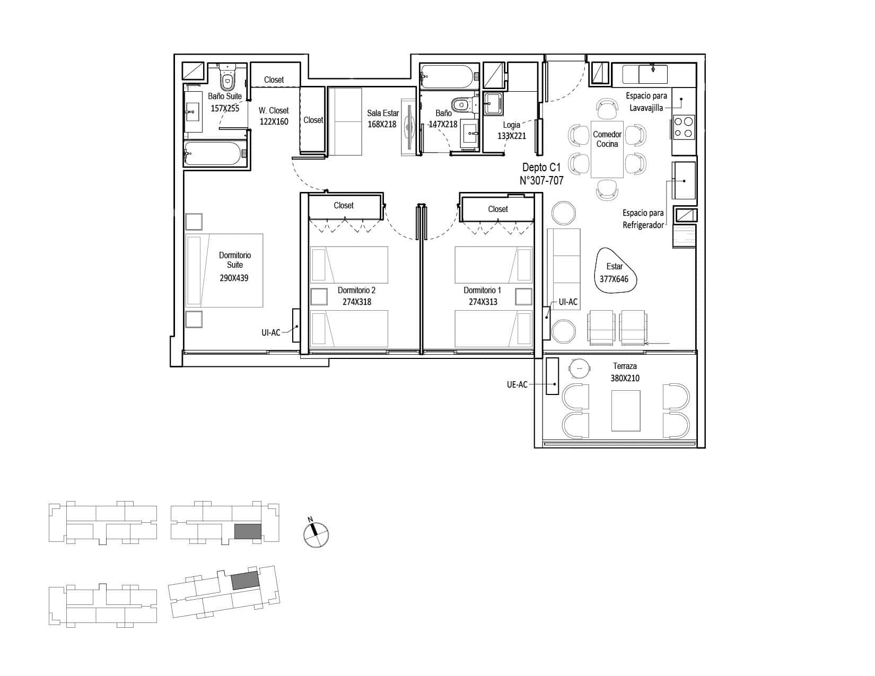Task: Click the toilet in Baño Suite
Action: pyautogui.click(x=227, y=78)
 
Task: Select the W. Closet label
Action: pyautogui.click(x=274, y=110)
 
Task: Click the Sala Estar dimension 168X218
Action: pyautogui.click(x=382, y=125)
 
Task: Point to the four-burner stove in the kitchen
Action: pyautogui.click(x=684, y=127)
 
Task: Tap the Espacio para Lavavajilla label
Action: pyautogui.click(x=646, y=101)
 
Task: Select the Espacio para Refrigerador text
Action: pyautogui.click(x=643, y=219)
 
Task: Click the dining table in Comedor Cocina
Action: pyautogui.click(x=607, y=150)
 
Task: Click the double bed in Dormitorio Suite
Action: pyautogui.click(x=224, y=270)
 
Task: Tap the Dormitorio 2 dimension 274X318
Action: pyautogui.click(x=357, y=302)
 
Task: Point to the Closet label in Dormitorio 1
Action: pyautogui.click(x=498, y=209)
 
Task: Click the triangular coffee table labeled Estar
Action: pyautogui.click(x=615, y=270)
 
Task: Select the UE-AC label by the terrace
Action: pyautogui.click(x=517, y=384)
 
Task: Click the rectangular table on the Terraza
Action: pyautogui.click(x=625, y=411)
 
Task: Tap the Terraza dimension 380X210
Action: pyautogui.click(x=625, y=378)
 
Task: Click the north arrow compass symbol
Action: pyautogui.click(x=316, y=534)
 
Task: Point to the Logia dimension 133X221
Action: pyautogui.click(x=511, y=136)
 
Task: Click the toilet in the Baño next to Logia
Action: pyautogui.click(x=461, y=105)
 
